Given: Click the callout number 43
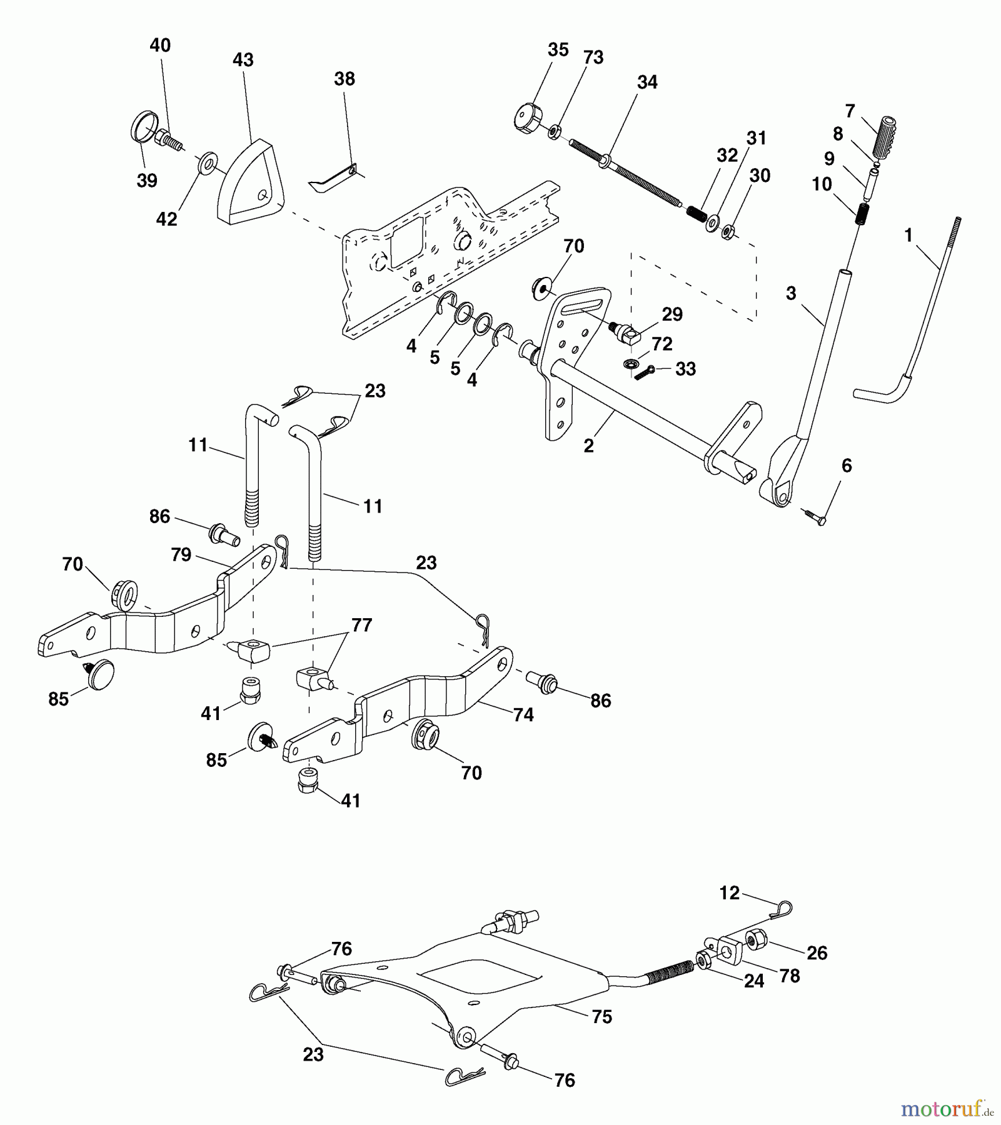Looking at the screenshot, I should [243, 60].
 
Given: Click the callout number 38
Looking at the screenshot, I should [345, 79].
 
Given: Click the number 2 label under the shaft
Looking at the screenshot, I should [588, 446].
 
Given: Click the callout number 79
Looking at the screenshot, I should [181, 554].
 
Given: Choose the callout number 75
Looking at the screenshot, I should [601, 1017].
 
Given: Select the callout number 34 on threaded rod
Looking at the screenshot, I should [647, 82].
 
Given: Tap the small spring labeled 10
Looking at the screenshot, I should [862, 214].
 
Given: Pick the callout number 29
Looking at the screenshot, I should [672, 314].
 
